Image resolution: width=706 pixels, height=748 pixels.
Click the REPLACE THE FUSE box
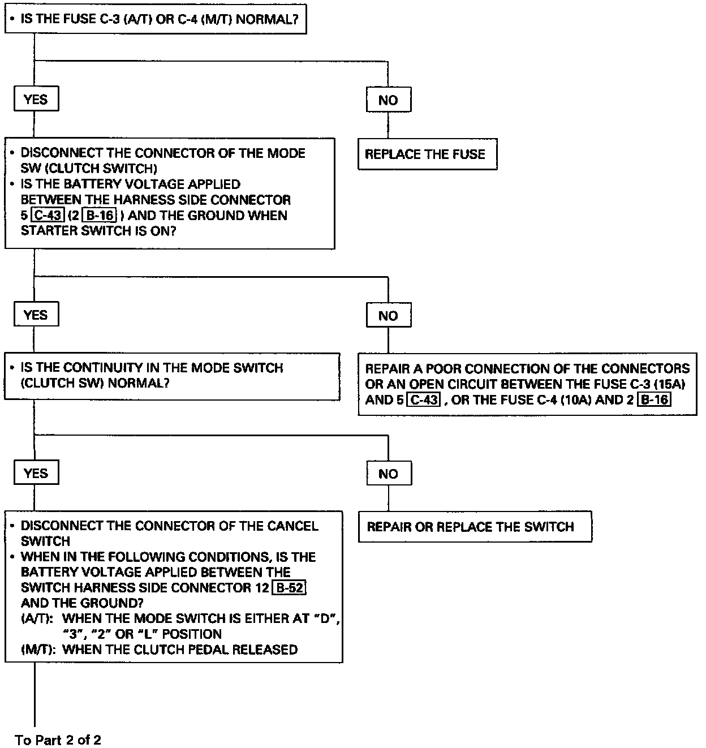coord(427,154)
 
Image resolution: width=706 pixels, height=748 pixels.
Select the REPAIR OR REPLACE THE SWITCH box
coord(475,527)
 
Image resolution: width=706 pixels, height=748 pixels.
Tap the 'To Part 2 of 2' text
coord(58,740)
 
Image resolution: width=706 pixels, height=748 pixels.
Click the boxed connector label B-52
coord(289,587)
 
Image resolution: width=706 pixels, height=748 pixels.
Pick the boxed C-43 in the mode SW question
coord(47,216)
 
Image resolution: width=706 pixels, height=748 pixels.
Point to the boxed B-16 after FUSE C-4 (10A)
coord(653,399)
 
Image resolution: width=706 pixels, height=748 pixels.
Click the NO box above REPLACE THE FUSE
coord(388,100)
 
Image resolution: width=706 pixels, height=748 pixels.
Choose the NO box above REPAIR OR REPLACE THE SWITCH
coord(388,474)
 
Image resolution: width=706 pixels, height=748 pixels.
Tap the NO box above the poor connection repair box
coord(388,316)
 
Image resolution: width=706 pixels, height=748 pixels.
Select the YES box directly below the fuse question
coord(36,100)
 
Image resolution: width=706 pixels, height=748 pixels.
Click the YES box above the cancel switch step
coord(36,473)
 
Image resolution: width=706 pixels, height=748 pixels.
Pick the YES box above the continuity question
coord(36,315)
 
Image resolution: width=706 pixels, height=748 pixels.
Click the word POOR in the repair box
coord(445,369)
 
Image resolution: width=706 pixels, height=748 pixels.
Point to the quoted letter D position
coord(325,618)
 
